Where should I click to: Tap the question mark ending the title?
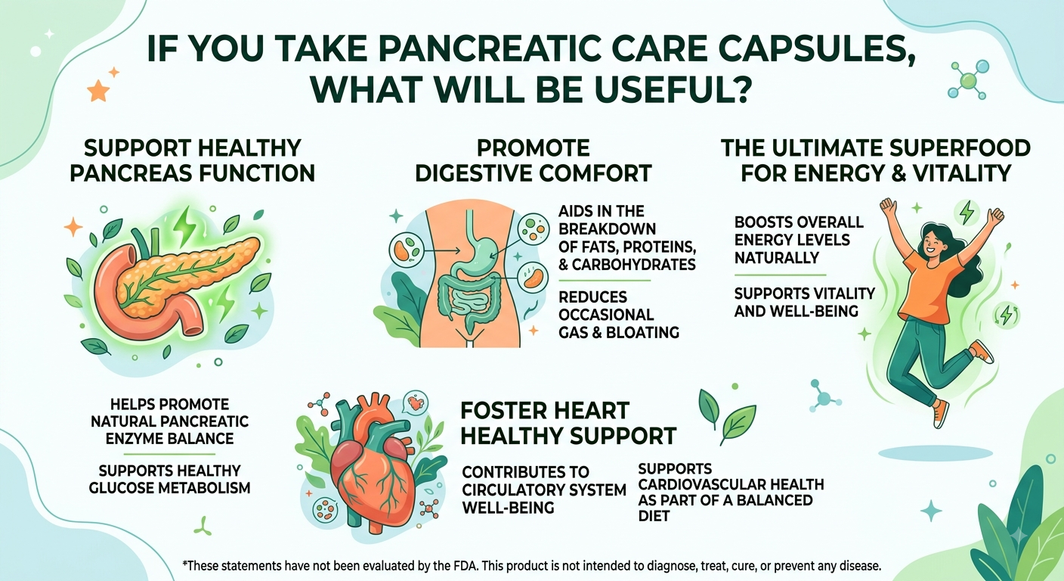point(741,90)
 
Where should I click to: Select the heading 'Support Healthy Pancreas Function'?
point(193,160)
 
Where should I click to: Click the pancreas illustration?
point(176,281)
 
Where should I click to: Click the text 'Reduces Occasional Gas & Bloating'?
point(618,315)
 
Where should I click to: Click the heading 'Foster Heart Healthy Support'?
point(568,423)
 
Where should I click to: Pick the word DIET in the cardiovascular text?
point(654,516)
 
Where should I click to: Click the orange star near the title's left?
point(98,90)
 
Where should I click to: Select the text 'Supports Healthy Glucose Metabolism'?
point(169,480)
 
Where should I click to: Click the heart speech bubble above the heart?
point(416,403)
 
